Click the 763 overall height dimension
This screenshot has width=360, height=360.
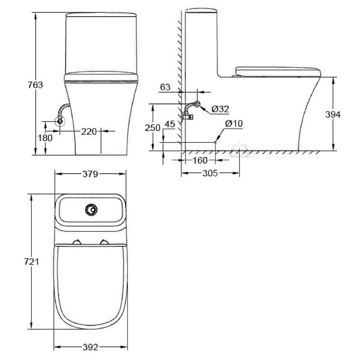[x=36, y=85]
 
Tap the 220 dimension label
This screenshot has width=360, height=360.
[x=89, y=131]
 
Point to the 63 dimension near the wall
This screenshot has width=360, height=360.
[x=165, y=87]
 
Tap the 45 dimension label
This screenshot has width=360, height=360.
[x=170, y=124]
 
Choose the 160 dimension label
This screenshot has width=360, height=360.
[x=200, y=160]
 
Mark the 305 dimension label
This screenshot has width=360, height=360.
[x=210, y=173]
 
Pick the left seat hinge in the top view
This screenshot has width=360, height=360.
[x=78, y=242]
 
